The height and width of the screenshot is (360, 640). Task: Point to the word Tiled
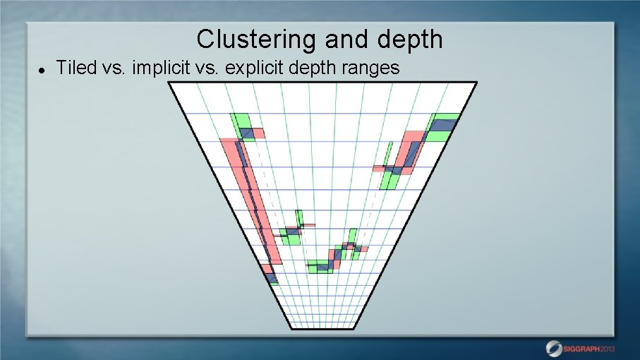tap(72, 68)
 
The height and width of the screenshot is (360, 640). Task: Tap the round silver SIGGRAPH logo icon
tap(554, 348)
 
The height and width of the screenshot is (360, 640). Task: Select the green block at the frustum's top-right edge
tap(443, 126)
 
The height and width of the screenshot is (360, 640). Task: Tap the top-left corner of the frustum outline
tap(169, 83)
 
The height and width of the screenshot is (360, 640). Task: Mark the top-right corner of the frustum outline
tap(477, 83)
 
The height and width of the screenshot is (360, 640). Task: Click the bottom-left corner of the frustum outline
tap(291, 328)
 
